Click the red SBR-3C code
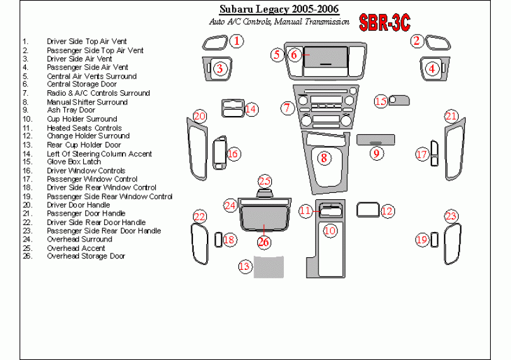pos(385,24)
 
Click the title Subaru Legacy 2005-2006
pos(278,9)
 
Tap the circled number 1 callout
pos(235,42)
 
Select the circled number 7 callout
pos(287,108)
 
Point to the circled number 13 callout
pos(245,267)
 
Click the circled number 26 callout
pos(264,241)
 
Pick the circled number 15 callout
pos(380,101)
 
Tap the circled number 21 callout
pos(451,116)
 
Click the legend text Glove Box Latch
pos(73,162)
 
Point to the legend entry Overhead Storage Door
pos(86,256)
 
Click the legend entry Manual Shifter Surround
pos(87,102)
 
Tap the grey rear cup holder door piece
pos(269,267)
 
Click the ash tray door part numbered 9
pos(375,139)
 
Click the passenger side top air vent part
pos(435,43)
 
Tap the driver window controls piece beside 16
pos(220,153)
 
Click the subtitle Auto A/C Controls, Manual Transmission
pos(279,21)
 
